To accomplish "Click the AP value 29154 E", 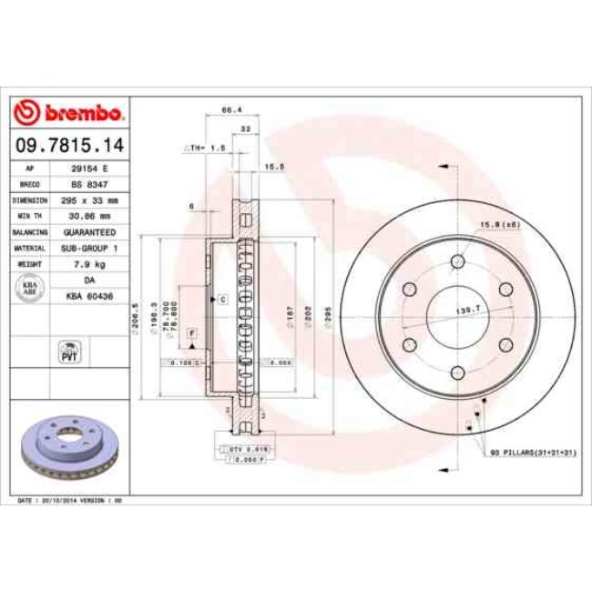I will (x=90, y=168).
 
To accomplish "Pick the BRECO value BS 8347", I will (x=90, y=184).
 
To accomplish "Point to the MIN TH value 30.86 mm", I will (x=90, y=216).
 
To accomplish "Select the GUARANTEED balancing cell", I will (x=90, y=232).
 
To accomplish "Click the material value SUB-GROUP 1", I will (x=90, y=248).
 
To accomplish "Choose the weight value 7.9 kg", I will (x=90, y=264).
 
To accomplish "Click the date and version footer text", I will (x=70, y=500).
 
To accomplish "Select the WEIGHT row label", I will (x=29, y=264).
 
